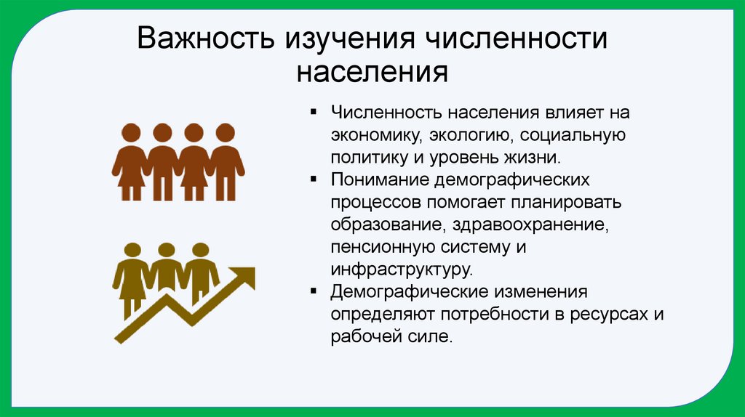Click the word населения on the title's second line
(x=372, y=73)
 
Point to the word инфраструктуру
(x=402, y=269)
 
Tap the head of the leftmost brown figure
(x=130, y=133)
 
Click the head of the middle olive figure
(x=167, y=251)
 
